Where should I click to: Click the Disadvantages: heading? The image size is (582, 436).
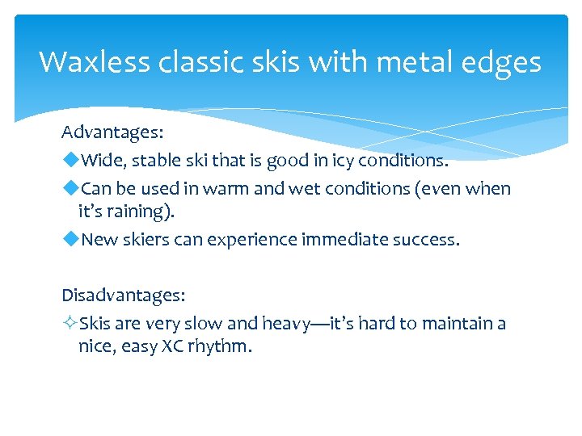pyautogui.click(x=124, y=296)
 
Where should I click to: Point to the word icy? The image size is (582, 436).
pyautogui.click(x=344, y=161)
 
